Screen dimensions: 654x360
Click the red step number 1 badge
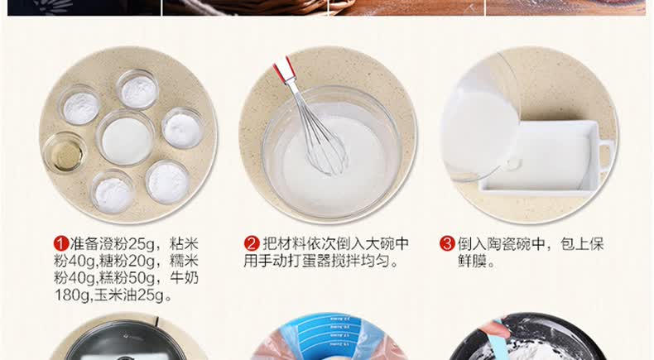coord(61,244)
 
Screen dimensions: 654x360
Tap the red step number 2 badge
coord(252,244)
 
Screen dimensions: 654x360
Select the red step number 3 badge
coord(447,244)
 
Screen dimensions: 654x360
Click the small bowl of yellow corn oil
coord(65,153)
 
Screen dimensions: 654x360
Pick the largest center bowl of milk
coord(126,138)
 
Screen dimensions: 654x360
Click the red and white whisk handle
coord(285,70)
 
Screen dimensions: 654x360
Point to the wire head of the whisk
coord(323,142)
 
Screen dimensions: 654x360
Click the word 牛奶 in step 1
coord(184,278)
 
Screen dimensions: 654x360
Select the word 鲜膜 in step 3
coord(473,262)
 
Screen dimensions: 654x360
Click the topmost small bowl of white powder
coord(137,89)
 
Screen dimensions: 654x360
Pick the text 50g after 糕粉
coord(142,278)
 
